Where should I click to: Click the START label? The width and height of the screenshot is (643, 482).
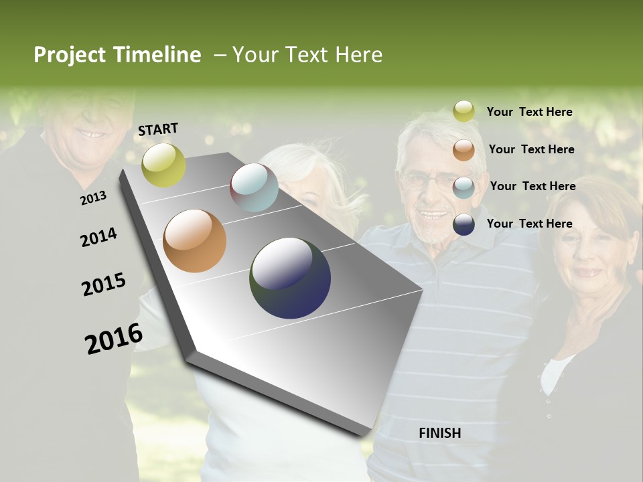(158, 129)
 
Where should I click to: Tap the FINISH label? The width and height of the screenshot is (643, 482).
(439, 433)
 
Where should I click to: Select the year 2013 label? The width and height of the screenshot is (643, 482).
(93, 197)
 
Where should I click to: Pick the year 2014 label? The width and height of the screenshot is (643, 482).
(98, 238)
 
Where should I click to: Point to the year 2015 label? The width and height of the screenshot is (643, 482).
(104, 285)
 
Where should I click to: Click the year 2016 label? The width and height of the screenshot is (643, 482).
(114, 338)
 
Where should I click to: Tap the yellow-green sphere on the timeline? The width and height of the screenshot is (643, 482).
(163, 165)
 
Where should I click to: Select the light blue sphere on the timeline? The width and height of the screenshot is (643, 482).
(254, 187)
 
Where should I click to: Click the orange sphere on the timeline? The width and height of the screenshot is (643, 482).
(194, 241)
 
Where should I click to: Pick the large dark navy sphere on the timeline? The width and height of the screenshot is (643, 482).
(290, 278)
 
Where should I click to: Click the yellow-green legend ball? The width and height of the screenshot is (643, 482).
(463, 111)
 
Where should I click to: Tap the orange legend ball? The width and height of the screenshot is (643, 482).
(463, 150)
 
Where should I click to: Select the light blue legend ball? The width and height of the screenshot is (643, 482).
(463, 187)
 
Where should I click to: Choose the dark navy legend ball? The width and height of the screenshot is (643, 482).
(463, 224)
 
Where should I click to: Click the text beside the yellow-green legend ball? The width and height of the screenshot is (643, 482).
(529, 112)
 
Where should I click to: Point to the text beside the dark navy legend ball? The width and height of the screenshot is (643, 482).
(529, 224)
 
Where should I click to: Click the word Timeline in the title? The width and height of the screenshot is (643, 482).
(157, 55)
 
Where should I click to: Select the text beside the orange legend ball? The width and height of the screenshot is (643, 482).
(531, 149)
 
